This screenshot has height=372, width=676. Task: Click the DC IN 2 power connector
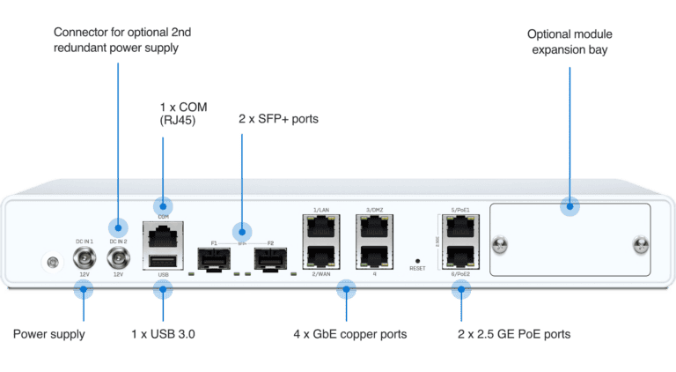[118, 257]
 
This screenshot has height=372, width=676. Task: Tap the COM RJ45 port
[163, 234]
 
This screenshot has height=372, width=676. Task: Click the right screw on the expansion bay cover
[638, 244]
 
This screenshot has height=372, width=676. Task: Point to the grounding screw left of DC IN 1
[52, 262]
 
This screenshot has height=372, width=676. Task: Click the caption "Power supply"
[48, 334]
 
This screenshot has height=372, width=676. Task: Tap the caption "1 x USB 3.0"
[163, 334]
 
